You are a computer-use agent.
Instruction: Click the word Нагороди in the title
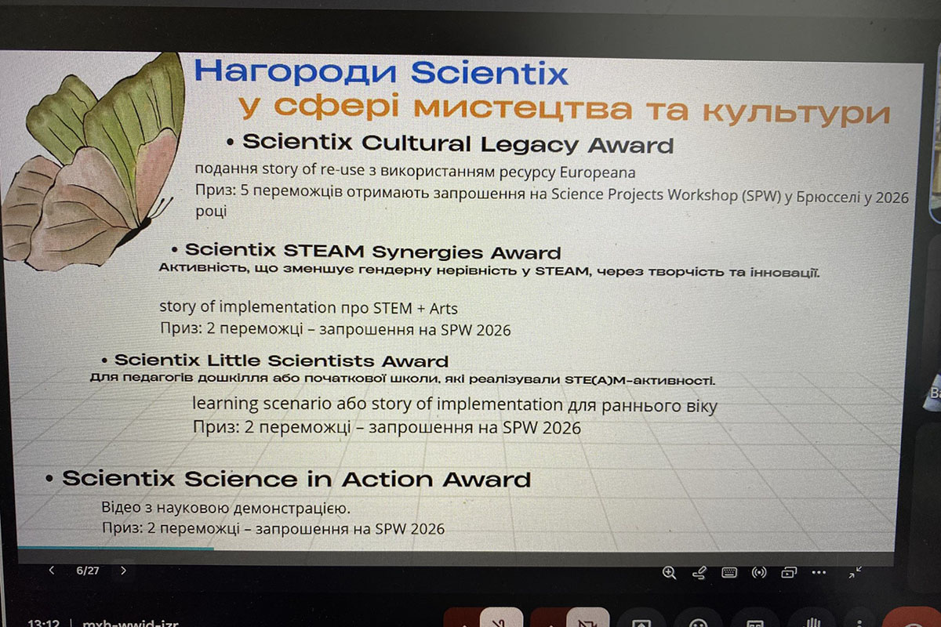(x=296, y=71)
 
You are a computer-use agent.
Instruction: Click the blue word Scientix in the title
(x=489, y=73)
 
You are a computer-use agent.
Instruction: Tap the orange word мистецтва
(x=523, y=108)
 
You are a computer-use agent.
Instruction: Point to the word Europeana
(x=598, y=172)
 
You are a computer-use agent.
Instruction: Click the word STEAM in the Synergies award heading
(x=323, y=251)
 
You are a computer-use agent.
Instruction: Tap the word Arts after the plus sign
(x=443, y=309)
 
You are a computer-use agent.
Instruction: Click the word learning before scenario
(x=226, y=404)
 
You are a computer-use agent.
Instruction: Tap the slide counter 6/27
(x=87, y=571)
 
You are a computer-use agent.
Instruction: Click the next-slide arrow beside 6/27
(x=123, y=571)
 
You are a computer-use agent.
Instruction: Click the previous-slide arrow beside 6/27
(x=52, y=571)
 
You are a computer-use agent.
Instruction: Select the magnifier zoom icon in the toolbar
(x=669, y=572)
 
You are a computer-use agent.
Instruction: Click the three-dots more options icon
(x=819, y=572)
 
